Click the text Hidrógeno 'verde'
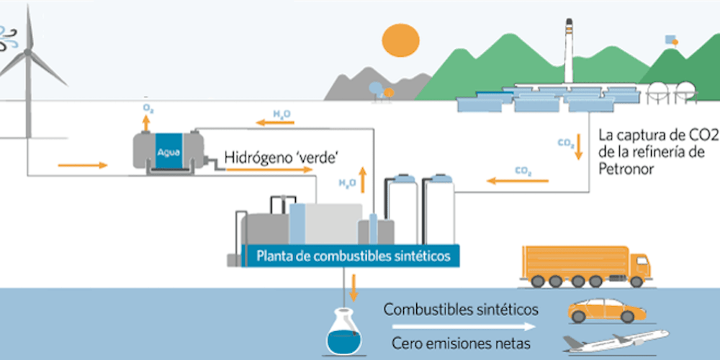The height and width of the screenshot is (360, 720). [271, 157]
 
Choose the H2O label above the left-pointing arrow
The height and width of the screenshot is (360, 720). [282, 113]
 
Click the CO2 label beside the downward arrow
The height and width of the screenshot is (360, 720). [566, 143]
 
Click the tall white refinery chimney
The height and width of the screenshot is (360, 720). [569, 54]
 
